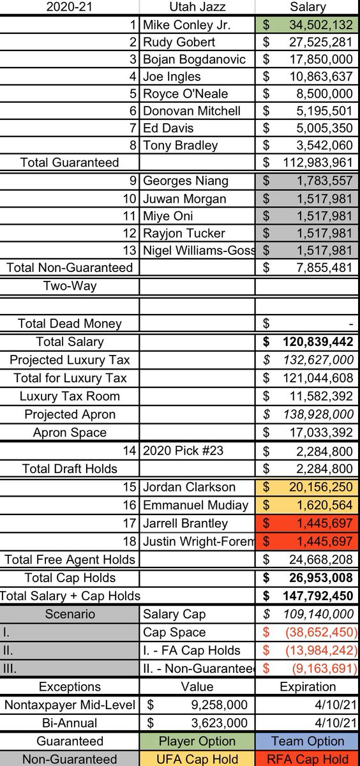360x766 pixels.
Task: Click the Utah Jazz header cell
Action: [x=197, y=8]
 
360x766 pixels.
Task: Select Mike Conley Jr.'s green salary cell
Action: [x=307, y=25]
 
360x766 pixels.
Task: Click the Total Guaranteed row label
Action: [x=70, y=163]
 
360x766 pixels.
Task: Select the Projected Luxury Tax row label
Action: [x=70, y=360]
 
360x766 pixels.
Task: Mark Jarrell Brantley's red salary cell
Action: [x=307, y=523]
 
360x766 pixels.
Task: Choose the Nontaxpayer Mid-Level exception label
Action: [x=70, y=705]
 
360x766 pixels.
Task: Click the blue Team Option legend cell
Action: [x=307, y=742]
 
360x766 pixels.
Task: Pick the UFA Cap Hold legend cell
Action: [x=197, y=760]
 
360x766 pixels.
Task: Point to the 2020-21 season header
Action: [x=70, y=8]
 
